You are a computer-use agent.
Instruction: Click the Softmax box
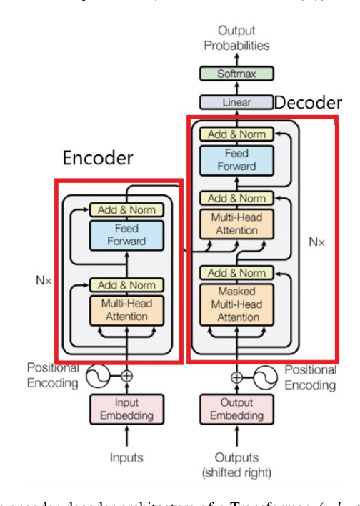(x=236, y=74)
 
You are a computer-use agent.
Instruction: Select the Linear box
(x=236, y=102)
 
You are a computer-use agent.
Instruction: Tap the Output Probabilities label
(x=236, y=39)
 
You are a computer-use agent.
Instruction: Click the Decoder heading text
(x=308, y=102)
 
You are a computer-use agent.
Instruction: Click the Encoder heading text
(x=97, y=157)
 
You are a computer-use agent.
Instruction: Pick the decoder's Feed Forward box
(x=236, y=160)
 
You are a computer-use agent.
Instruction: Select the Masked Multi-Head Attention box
(x=236, y=303)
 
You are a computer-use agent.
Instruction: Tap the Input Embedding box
(x=126, y=409)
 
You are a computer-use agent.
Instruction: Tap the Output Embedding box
(x=236, y=409)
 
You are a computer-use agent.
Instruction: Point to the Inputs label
(x=126, y=457)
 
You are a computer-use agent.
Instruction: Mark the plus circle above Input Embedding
(x=126, y=374)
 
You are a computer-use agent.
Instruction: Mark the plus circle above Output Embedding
(x=236, y=374)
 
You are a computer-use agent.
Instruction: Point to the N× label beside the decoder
(x=316, y=242)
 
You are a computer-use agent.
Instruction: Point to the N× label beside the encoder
(x=44, y=281)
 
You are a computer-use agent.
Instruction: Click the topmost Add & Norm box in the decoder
(x=236, y=134)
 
